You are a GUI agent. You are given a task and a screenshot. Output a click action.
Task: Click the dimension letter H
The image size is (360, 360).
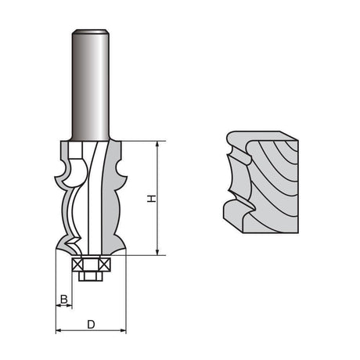coord(151,199)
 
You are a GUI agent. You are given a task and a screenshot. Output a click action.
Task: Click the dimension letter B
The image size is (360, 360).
coord(64,299)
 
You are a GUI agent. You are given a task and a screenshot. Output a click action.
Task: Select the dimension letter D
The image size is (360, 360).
coord(91,325)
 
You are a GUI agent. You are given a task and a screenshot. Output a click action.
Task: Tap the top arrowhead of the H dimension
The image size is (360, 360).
coord(157,145)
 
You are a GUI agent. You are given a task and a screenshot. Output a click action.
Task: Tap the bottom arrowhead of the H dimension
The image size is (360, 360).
coord(157,252)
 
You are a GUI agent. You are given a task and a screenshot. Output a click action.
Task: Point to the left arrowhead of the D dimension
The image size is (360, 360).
coord(59,330)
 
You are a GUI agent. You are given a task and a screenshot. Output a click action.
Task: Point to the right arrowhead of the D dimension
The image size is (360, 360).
coord(123,330)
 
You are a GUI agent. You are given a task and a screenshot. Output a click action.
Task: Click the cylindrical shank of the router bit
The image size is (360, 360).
coord(90,85)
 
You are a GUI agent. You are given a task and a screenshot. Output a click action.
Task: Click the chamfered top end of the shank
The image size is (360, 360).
coord(90,31)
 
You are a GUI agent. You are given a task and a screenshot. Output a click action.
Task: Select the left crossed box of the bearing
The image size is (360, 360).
coord(77,265)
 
